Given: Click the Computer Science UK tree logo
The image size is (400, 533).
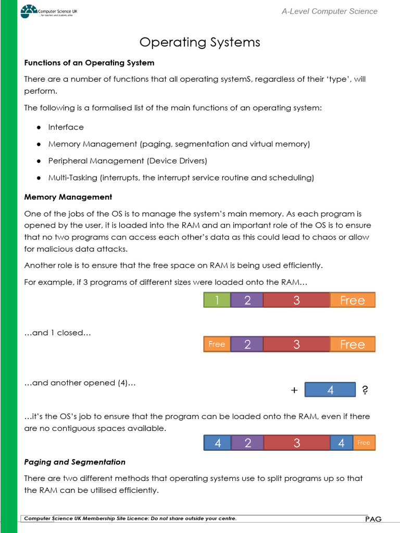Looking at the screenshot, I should (x=29, y=11).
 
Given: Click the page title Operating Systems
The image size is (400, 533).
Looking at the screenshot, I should (x=199, y=42).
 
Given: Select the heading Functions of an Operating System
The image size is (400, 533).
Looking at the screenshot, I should (x=89, y=62).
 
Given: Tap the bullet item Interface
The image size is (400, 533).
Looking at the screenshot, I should (x=66, y=127).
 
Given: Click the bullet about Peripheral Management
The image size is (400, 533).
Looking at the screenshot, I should (x=128, y=161).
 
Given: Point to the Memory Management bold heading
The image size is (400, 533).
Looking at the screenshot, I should (x=68, y=197).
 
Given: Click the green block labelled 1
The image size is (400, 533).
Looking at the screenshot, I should (x=217, y=300).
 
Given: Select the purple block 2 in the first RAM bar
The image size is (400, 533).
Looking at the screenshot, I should (x=247, y=300).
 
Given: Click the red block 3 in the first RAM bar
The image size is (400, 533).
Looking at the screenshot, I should (x=296, y=300).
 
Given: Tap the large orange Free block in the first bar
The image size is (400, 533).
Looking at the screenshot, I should (x=353, y=300).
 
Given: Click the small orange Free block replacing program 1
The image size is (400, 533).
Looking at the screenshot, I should (x=217, y=344).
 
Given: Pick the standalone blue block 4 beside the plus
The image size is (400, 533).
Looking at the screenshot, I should (x=330, y=390).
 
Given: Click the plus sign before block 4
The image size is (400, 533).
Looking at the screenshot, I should (x=294, y=390).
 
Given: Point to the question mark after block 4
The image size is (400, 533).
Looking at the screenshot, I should (x=365, y=390).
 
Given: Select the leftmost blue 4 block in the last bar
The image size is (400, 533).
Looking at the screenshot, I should (x=218, y=443).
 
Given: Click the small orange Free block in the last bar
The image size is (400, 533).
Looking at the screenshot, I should (x=364, y=443).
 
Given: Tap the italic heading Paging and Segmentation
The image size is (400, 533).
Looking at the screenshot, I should (x=75, y=462).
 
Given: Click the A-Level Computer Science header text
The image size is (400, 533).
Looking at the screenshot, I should (x=329, y=11).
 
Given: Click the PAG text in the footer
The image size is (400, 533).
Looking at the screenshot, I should (x=373, y=518).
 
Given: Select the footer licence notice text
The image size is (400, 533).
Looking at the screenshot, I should (x=130, y=518).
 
